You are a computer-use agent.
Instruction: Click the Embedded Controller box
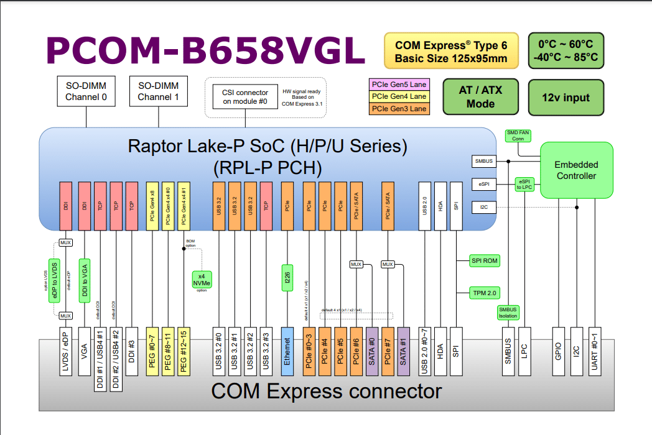[576, 171]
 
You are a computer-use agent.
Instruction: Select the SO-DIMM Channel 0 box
[86, 91]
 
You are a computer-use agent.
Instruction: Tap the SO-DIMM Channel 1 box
[158, 91]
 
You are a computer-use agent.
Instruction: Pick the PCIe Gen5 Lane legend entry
[399, 85]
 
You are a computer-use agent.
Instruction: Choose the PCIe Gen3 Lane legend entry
[399, 109]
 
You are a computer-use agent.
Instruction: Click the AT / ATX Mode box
[480, 97]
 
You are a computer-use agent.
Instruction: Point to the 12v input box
[566, 97]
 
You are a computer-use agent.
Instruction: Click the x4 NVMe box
[202, 280]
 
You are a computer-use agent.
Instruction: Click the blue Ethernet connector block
[287, 350]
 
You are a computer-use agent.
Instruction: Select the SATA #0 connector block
[372, 350]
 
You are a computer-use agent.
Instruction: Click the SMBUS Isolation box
[508, 312]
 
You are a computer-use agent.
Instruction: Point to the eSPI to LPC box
[524, 184]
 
